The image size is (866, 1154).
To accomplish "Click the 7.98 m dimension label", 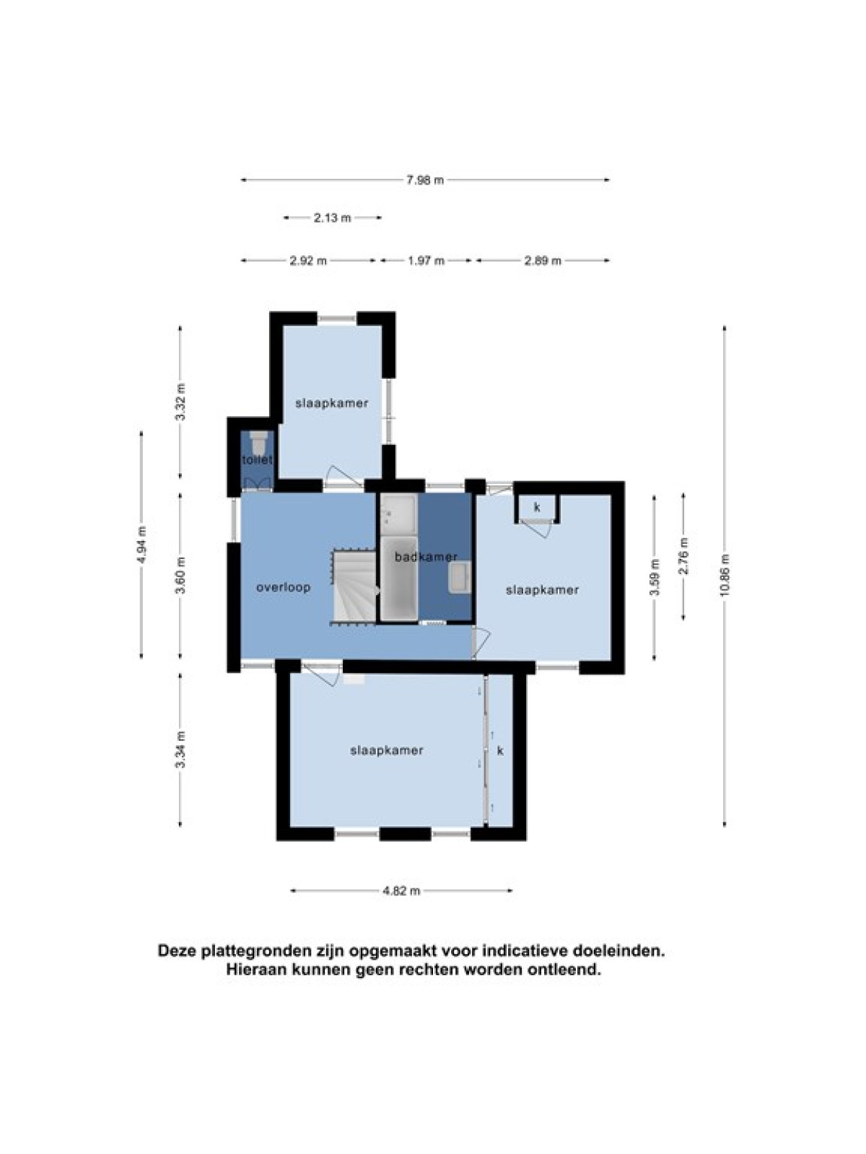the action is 425,180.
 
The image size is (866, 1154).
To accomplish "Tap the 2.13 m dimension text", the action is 332,217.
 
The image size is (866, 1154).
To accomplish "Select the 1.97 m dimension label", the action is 426,260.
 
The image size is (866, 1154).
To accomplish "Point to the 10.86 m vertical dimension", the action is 725,576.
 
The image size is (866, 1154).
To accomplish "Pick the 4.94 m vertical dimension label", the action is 141,544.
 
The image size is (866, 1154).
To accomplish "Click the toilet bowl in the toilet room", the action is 257,443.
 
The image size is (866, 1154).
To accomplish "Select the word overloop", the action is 284,587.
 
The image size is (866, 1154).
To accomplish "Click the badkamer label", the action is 426,557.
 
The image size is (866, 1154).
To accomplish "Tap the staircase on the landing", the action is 353,587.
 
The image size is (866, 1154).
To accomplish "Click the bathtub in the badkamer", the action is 398,578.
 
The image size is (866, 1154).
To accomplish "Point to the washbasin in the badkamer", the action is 459,577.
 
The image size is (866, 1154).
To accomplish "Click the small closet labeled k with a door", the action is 537,507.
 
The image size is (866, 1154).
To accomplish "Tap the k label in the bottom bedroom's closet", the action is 500,750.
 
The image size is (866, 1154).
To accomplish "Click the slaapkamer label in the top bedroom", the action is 331,403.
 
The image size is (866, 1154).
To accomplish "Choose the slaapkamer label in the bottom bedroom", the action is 387,750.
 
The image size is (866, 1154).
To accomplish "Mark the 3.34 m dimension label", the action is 181,749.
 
